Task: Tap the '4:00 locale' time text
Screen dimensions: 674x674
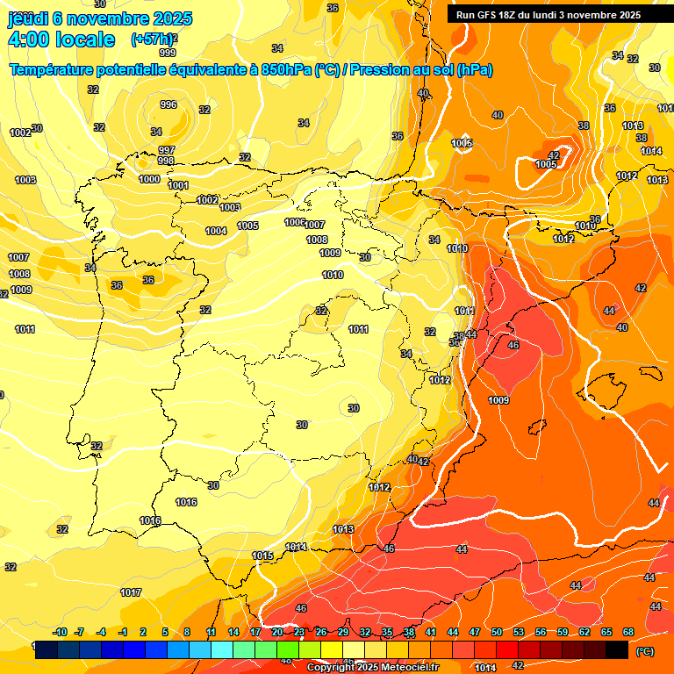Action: pyautogui.click(x=61, y=39)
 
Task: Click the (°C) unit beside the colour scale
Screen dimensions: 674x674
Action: pyautogui.click(x=644, y=651)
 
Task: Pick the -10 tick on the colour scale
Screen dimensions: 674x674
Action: pyautogui.click(x=60, y=632)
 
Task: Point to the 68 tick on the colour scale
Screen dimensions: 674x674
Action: pyautogui.click(x=628, y=632)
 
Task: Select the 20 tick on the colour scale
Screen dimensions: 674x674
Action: pyautogui.click(x=277, y=632)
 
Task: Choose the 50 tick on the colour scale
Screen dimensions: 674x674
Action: pyautogui.click(x=497, y=632)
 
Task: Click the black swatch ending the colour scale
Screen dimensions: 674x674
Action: pyautogui.click(x=617, y=650)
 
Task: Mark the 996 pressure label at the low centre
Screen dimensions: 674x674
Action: pyautogui.click(x=168, y=104)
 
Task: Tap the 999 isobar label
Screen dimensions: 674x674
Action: pyautogui.click(x=167, y=53)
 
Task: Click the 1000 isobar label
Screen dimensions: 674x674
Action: pyautogui.click(x=149, y=179)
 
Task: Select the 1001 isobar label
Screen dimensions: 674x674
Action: pyautogui.click(x=178, y=185)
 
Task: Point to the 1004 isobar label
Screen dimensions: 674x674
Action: pyautogui.click(x=216, y=231)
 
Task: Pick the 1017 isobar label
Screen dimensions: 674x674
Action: pyautogui.click(x=131, y=592)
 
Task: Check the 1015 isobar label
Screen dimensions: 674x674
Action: pyautogui.click(x=262, y=556)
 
